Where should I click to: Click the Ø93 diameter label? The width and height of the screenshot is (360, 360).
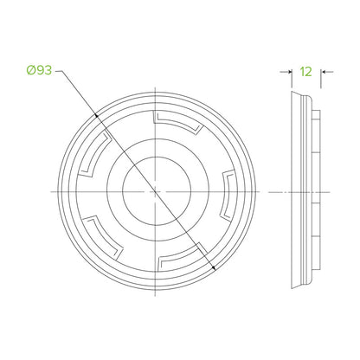coord(39,70)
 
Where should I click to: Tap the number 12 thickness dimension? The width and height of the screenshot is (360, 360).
coord(306,72)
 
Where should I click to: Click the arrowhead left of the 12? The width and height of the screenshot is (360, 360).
coord(290,72)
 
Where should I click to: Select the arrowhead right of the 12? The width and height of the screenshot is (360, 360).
coord(323,72)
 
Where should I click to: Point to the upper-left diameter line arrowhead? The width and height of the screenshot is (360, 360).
coord(96,115)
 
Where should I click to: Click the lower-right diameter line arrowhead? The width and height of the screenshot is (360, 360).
coord(214,267)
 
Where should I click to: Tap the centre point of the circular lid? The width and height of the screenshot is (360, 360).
coord(156,191)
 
